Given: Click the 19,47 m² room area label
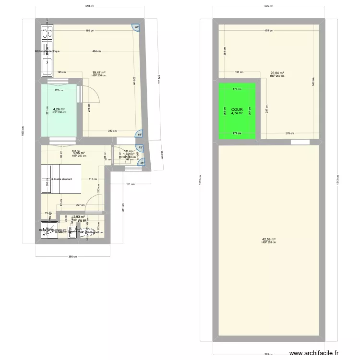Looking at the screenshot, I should pos(98,73).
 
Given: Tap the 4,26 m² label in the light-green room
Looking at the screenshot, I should pos(59,109).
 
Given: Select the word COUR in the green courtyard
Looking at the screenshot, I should pos(237,109).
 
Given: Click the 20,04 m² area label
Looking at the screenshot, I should pos(277,73).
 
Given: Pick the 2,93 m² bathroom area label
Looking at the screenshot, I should pos(79,217).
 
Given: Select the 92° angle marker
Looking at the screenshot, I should pos(136,27).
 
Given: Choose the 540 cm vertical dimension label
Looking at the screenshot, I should pos(312,84).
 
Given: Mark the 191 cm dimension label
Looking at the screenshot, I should pos(129,184).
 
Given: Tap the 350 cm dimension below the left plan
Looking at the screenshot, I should pos(72,256).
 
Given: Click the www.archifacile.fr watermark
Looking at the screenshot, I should pos(324,351).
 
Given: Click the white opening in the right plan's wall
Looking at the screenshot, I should pos(300,142).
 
